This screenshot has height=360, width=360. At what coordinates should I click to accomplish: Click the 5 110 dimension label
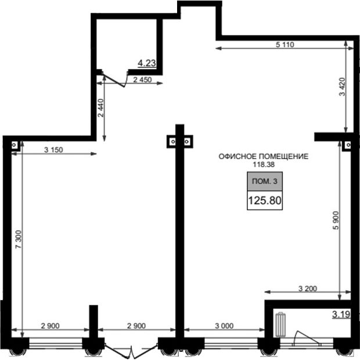coord(285,45)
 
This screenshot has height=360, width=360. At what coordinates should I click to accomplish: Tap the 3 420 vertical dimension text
coord(343,87)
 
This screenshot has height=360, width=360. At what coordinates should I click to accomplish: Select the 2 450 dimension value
coord(142,80)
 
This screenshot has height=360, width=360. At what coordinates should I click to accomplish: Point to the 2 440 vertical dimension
coord(101,107)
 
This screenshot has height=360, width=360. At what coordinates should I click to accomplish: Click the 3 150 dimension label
coord(53,150)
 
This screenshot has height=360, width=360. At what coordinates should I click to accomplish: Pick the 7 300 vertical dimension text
coord(19,239)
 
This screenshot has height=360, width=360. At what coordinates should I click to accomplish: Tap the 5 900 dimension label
coord(336,221)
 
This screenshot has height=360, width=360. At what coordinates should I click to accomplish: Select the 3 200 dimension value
coord(308,289)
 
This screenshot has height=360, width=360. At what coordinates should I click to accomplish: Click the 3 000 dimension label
coord(224,326)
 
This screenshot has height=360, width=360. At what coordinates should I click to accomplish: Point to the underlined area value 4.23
coord(147,63)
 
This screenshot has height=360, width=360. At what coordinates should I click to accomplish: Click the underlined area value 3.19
coord(341,314)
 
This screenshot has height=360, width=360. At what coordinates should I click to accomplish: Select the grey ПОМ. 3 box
coord(265,181)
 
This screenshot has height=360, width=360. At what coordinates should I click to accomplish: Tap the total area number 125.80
coord(265,200)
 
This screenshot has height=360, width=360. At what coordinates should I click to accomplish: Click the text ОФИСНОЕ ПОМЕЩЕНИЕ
coord(264,157)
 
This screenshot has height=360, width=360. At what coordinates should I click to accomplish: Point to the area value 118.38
coord(264,164)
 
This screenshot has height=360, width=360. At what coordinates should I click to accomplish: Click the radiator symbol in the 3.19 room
coord(280,325)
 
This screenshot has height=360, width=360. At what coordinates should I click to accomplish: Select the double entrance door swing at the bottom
coord(131,350)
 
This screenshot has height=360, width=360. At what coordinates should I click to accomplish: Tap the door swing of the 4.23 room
coord(114,79)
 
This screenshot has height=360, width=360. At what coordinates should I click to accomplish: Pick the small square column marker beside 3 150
coord(15,145)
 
